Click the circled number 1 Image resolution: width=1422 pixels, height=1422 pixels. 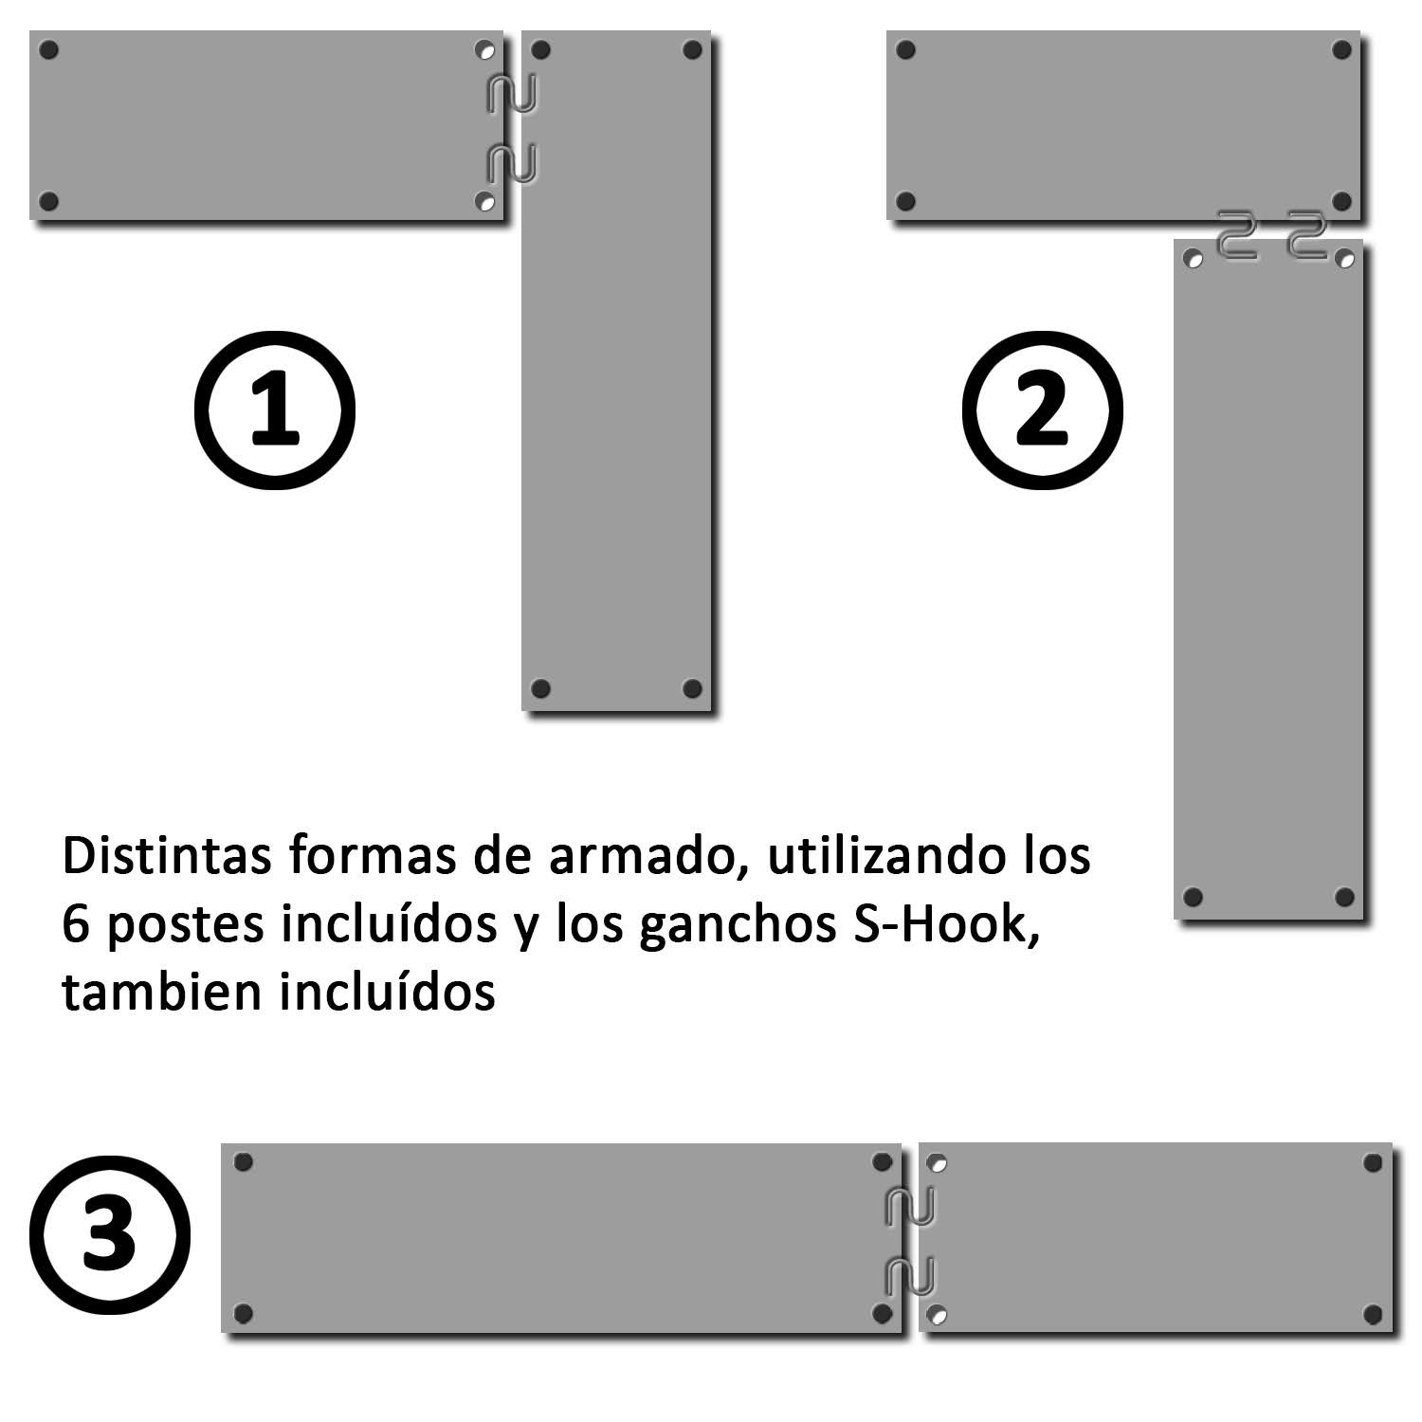click(x=275, y=410)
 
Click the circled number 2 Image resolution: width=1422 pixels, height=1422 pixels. click(x=1042, y=410)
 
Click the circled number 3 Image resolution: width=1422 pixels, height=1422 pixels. click(x=110, y=1235)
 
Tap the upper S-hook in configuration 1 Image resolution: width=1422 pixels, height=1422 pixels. click(x=512, y=94)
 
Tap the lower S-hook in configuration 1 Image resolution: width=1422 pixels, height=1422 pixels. click(x=512, y=163)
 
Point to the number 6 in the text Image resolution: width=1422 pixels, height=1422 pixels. click(x=75, y=925)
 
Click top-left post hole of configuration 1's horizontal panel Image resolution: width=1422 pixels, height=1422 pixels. click(x=50, y=49)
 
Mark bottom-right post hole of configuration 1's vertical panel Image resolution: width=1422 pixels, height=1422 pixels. click(x=692, y=687)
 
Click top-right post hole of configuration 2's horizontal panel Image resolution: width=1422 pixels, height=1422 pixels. click(x=1341, y=49)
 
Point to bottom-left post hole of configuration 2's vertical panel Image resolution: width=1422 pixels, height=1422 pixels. click(x=1194, y=896)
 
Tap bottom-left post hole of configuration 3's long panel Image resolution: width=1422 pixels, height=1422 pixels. click(x=243, y=1313)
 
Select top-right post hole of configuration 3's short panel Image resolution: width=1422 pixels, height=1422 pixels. click(x=1372, y=1162)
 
